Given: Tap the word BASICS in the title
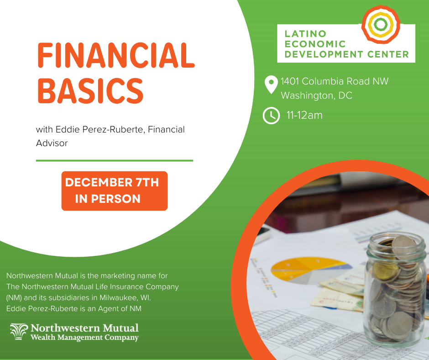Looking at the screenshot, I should pyautogui.click(x=90, y=90).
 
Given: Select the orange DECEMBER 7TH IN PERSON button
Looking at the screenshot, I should pyautogui.click(x=114, y=191).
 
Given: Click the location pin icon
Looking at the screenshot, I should pyautogui.click(x=271, y=85).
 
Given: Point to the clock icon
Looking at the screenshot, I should pyautogui.click(x=271, y=116).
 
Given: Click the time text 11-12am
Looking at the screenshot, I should pyautogui.click(x=304, y=115).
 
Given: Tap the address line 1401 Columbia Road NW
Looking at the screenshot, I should pyautogui.click(x=335, y=82).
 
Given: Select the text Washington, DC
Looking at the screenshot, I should pyautogui.click(x=316, y=96).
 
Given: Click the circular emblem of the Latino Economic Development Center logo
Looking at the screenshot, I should pyautogui.click(x=381, y=24).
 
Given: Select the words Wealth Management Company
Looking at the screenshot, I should pyautogui.click(x=84, y=338).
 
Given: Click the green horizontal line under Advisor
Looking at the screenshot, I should pyautogui.click(x=114, y=160).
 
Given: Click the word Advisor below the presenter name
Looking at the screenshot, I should pyautogui.click(x=52, y=143).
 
